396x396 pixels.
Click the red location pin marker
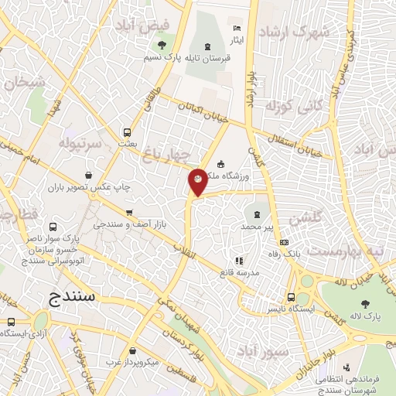point(198,181)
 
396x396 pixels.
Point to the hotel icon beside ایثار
point(237,29)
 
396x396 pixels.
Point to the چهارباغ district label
point(166,153)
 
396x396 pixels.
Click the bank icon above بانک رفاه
point(284,243)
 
